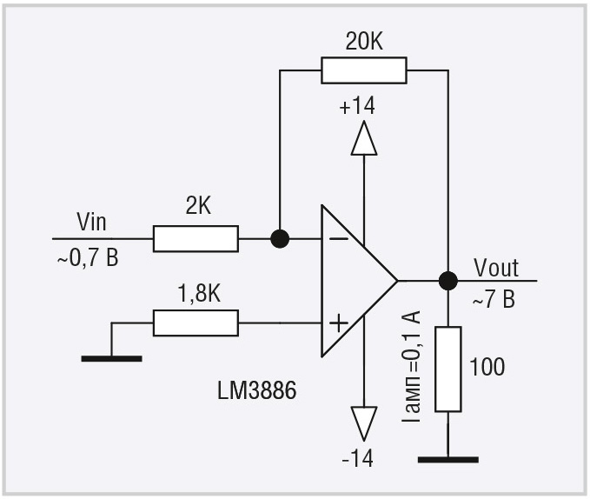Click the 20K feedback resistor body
click(364, 70)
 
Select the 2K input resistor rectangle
click(196, 238)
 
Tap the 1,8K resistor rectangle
click(196, 323)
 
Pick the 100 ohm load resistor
click(448, 369)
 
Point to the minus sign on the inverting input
click(339, 238)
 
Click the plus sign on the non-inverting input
click(339, 323)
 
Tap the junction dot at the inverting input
click(280, 238)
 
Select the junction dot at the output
click(448, 281)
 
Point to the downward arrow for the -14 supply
click(364, 423)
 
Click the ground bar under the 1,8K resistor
click(112, 359)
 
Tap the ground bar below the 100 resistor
click(448, 460)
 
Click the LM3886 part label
click(257, 390)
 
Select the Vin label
click(91, 222)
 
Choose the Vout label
click(496, 268)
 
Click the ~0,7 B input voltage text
click(88, 258)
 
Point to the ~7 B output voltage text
click(494, 300)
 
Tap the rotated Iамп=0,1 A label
click(411, 366)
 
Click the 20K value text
click(364, 42)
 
